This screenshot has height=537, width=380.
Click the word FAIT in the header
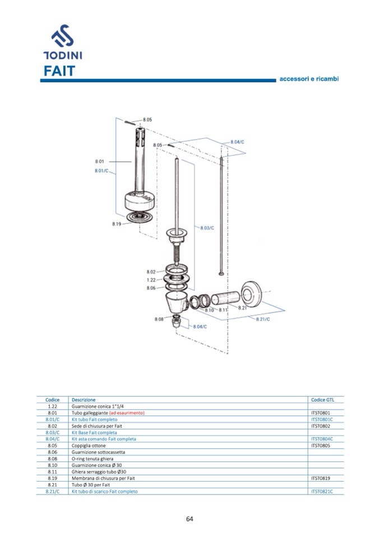coord(59,71)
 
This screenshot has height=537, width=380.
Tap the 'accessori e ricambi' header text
coord(309,79)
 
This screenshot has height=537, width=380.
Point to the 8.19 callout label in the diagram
coord(117,224)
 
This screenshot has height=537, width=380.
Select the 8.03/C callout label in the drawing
coord(207,228)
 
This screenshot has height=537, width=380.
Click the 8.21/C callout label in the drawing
coord(263,319)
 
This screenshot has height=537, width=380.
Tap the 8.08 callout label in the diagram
coord(159,319)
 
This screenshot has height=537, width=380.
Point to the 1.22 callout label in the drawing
coord(151,280)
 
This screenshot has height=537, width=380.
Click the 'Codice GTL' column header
coord(322,400)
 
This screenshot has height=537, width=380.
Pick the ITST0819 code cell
coord(320,478)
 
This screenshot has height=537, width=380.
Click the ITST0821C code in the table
coord(322,491)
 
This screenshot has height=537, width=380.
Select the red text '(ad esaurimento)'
coord(127,413)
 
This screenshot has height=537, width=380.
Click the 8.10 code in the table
coord(53,465)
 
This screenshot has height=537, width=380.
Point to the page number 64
coord(189,519)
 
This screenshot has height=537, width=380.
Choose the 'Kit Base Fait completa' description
coord(94,433)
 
